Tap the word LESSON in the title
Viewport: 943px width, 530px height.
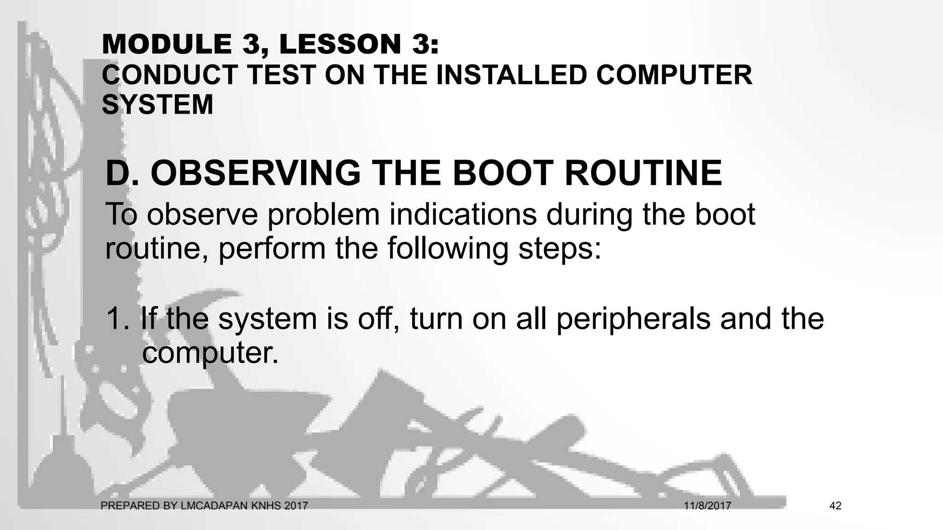point(340,44)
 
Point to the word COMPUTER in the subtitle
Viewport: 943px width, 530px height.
point(674,75)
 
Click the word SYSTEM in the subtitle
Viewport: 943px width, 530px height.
point(157,104)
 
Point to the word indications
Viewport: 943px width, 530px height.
point(463,214)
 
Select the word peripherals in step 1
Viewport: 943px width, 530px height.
point(633,319)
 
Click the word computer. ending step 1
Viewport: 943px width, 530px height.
point(210,353)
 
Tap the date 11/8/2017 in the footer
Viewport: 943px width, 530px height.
point(707,506)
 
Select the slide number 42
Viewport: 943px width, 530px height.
point(835,506)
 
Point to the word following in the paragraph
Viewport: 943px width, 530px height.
point(448,249)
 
